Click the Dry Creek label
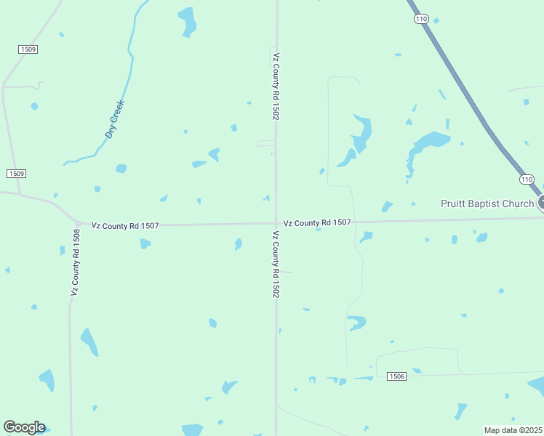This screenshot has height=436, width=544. click(116, 118)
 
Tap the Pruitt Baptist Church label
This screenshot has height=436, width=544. click(487, 203)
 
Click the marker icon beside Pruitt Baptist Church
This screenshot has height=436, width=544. click(541, 203)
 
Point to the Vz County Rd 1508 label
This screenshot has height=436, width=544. click(75, 262)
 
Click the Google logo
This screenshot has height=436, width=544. click(24, 427)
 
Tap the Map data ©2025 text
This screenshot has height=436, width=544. click(513, 429)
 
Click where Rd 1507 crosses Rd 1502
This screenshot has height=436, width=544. click(276, 224)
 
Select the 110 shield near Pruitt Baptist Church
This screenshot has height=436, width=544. click(527, 179)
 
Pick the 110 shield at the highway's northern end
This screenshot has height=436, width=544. click(421, 20)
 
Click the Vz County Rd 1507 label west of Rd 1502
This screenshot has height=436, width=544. click(125, 226)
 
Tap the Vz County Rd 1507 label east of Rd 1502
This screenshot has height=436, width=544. click(317, 223)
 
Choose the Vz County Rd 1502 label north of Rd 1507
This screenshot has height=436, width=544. click(276, 86)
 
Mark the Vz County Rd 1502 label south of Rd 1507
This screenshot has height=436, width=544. click(276, 265)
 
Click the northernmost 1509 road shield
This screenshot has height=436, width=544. click(28, 49)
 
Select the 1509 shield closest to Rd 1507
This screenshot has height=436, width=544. click(16, 173)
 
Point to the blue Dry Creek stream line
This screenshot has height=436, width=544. click(129, 65)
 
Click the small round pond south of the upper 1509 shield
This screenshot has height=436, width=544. click(34, 106)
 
